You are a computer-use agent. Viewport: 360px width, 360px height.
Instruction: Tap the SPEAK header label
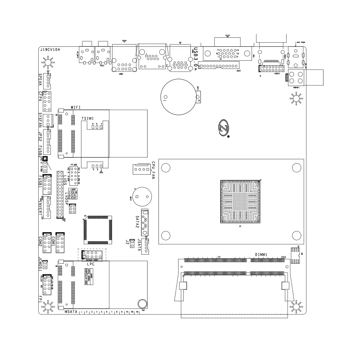pos(40,80)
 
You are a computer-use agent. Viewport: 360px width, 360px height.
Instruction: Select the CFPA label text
pos(40,98)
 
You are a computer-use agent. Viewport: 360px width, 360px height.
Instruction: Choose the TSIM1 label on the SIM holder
pos(88,118)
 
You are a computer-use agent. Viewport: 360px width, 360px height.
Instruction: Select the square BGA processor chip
pos(241,201)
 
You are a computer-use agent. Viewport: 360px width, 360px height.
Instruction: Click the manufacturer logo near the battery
pos(225,128)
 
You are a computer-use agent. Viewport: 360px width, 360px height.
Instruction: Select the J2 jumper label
pos(128,243)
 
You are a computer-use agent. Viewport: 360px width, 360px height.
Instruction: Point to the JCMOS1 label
pos(40,264)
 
